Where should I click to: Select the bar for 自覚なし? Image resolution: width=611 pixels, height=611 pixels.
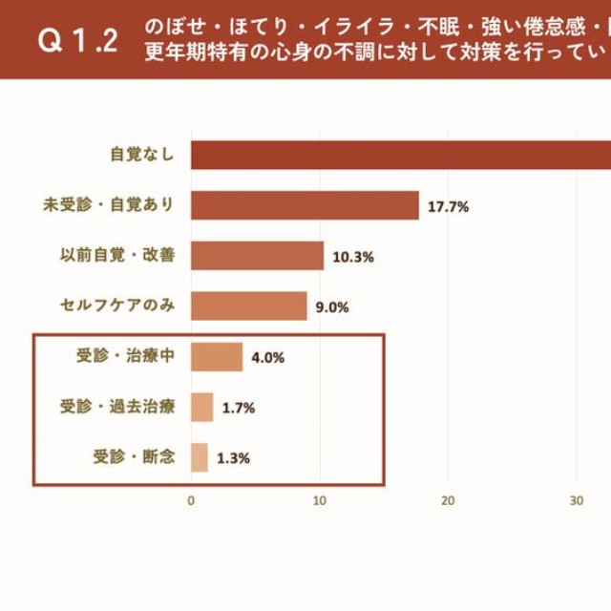tap(401, 155)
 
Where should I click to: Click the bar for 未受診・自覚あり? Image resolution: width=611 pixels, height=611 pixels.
tap(305, 205)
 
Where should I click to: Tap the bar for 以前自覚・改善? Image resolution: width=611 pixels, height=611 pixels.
tap(257, 256)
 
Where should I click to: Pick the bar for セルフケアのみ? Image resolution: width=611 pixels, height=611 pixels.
tap(248, 306)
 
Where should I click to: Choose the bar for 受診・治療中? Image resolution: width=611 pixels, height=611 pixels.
tap(217, 357)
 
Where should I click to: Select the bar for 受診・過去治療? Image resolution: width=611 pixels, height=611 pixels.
tap(201, 408)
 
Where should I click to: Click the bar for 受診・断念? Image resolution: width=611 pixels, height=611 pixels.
tap(199, 457)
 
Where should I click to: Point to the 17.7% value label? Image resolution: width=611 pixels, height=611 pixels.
tap(448, 206)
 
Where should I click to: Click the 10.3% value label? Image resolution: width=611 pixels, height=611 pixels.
tap(352, 257)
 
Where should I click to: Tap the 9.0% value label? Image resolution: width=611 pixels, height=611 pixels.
tap(331, 307)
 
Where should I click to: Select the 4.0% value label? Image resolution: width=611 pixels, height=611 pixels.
tap(267, 358)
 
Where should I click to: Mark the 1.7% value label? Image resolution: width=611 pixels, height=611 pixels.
tap(238, 408)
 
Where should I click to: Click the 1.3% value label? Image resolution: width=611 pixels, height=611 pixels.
tap(233, 458)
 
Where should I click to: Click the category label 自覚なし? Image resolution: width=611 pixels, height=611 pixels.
tap(142, 155)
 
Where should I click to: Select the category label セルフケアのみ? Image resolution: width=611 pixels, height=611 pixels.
tap(116, 306)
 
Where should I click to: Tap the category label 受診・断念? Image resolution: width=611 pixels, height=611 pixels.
tap(134, 457)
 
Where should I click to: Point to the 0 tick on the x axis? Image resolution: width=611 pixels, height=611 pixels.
tap(191, 500)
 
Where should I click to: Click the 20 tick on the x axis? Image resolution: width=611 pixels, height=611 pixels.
tap(448, 500)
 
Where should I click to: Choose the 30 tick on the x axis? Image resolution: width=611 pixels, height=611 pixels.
tap(577, 500)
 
